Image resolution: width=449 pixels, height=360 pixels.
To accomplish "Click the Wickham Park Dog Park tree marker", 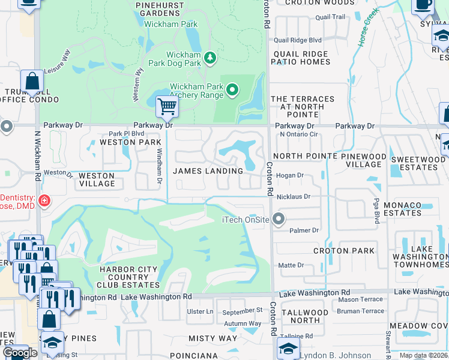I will tap(210, 58).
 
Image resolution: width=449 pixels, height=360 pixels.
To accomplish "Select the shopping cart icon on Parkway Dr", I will tap(166, 107).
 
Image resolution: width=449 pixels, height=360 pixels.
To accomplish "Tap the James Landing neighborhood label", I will tap(208, 171).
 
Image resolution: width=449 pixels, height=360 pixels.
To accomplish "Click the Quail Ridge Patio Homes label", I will tap(301, 58).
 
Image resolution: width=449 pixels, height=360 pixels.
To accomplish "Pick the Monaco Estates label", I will tap(402, 209).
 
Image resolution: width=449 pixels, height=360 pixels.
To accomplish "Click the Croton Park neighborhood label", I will tap(344, 251).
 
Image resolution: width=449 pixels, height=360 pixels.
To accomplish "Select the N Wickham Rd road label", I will tap(37, 162).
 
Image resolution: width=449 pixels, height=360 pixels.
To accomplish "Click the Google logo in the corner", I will tap(20, 353).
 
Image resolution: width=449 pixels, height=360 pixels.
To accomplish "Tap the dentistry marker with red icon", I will tap(44, 200).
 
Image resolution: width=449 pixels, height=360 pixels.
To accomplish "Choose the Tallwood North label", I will tap(304, 316).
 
